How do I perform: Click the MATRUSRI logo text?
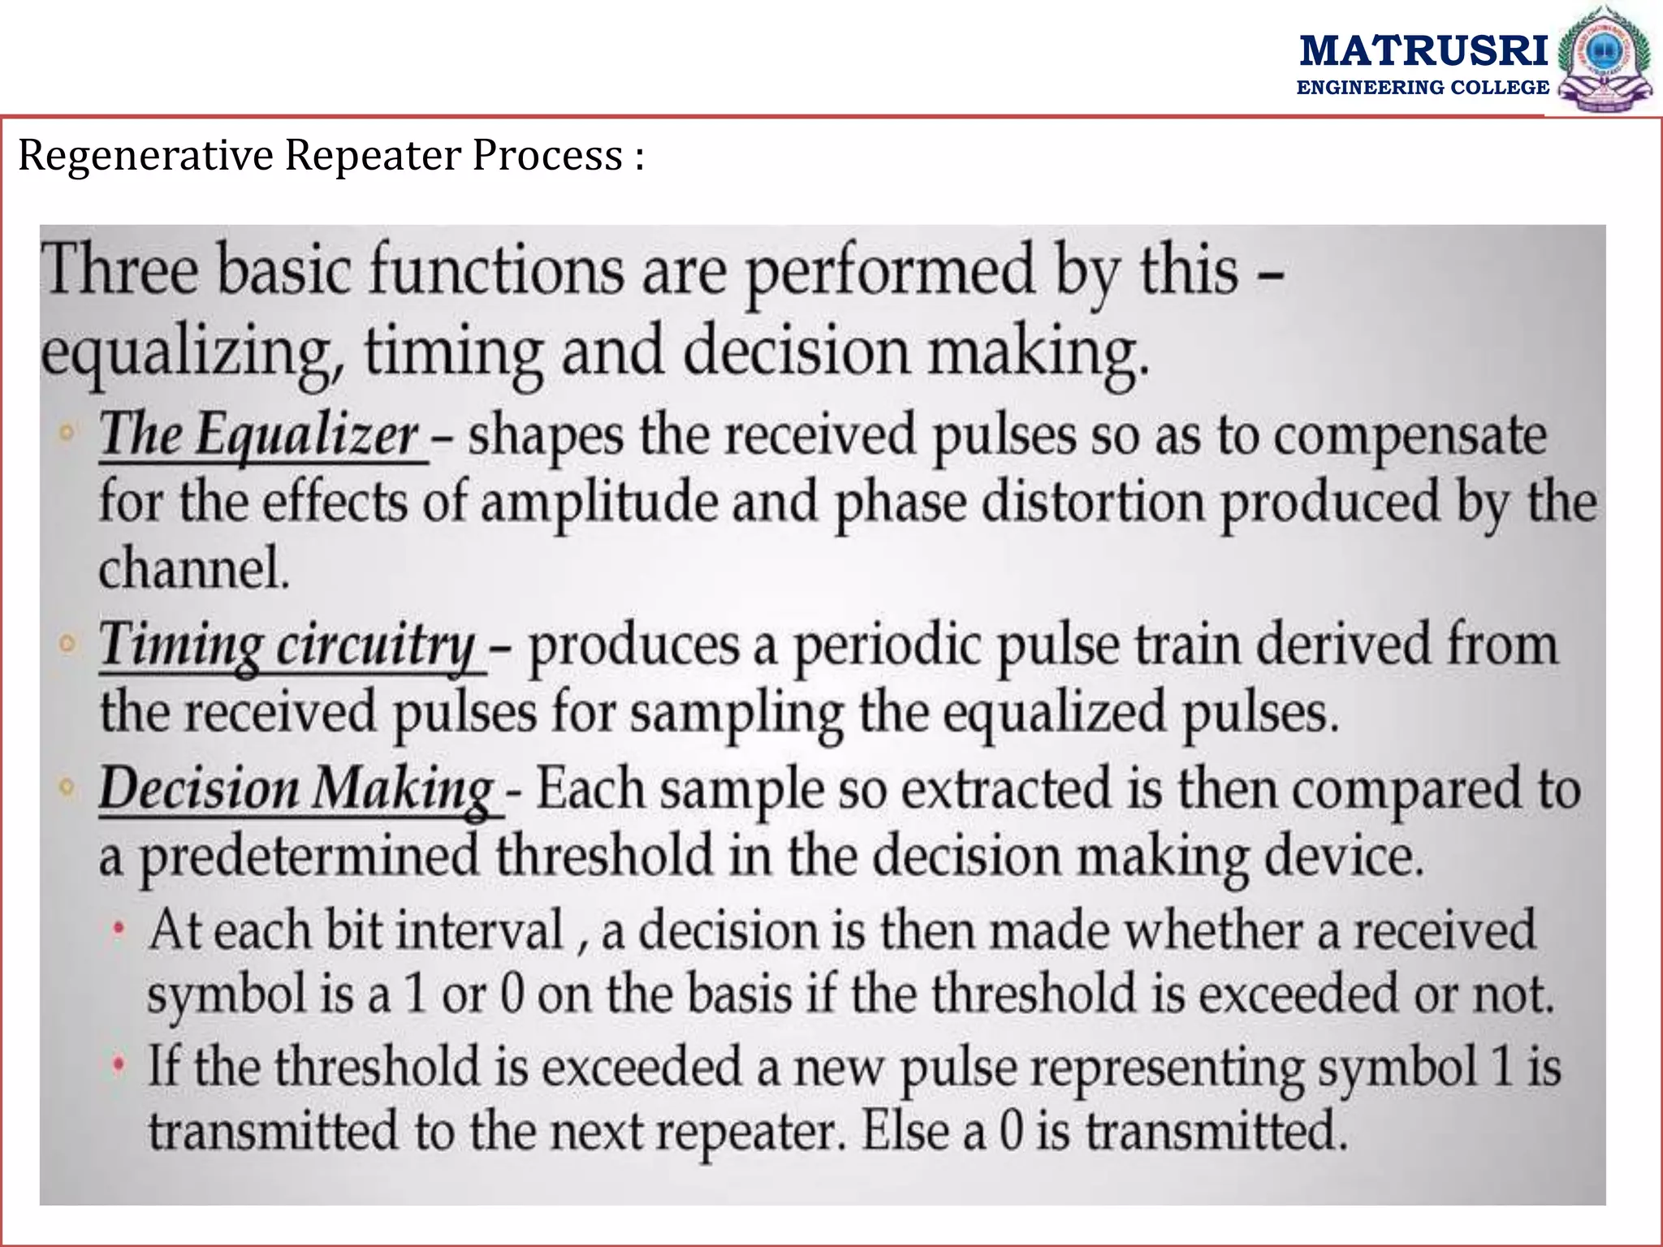tap(1423, 50)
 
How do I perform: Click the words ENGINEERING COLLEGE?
tap(1423, 88)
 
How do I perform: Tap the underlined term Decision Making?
tap(296, 789)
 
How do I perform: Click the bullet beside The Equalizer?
tap(68, 432)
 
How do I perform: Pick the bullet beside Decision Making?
tap(68, 787)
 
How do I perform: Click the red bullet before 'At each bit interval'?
tap(119, 927)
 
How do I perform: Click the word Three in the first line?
tap(120, 270)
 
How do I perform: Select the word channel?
tap(193, 568)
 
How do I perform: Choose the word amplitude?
tap(599, 503)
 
